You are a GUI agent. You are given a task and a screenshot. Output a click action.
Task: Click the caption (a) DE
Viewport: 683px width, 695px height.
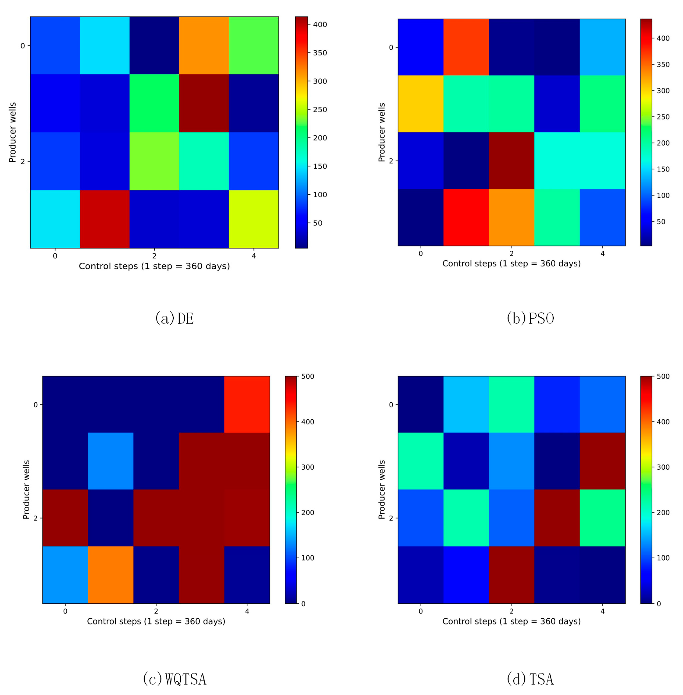[174, 318]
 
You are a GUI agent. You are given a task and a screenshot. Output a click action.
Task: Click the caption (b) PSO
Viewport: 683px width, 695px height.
[530, 318]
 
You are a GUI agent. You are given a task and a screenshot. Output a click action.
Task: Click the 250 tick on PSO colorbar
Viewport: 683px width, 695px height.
[663, 117]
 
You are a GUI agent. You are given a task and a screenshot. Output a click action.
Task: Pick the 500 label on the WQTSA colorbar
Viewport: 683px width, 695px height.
[307, 376]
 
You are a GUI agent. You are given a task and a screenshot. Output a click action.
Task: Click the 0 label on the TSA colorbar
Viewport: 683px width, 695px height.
[659, 604]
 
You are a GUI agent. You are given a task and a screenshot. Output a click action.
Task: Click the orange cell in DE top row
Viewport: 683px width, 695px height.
[204, 45]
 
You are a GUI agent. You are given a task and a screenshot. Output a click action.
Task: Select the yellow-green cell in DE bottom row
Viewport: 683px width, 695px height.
[254, 219]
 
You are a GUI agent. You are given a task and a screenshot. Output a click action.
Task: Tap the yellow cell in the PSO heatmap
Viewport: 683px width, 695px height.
[420, 104]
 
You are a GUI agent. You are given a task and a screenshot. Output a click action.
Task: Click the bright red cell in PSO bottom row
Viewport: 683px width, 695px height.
[466, 217]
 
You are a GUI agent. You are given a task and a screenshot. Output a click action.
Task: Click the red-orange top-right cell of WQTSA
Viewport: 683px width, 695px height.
[247, 404]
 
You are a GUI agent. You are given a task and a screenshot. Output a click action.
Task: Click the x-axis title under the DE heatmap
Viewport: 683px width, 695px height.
[154, 266]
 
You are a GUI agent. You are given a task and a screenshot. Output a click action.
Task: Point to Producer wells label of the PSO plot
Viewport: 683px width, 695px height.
[381, 132]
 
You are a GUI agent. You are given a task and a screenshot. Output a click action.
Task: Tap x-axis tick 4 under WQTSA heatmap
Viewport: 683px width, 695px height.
[247, 611]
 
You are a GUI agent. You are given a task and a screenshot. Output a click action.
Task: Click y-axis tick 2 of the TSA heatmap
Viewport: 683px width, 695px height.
[391, 518]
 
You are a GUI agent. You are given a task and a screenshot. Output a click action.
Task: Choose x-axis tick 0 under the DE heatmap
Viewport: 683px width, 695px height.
[55, 256]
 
